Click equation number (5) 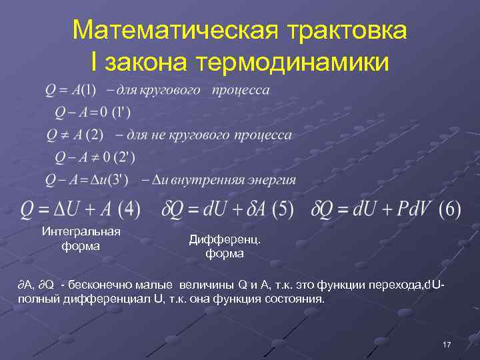[282, 209]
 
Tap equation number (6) [450, 209]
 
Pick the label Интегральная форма [81, 239]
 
